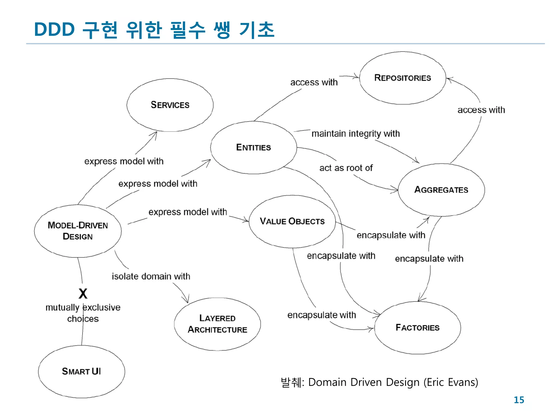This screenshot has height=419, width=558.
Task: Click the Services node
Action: (170, 105)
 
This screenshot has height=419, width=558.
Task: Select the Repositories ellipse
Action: (403, 78)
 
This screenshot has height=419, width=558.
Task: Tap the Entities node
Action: (253, 148)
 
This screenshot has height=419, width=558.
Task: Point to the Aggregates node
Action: (441, 190)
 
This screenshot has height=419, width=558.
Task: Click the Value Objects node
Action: (292, 221)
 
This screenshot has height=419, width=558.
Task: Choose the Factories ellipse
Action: (417, 328)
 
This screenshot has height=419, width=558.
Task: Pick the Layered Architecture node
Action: (217, 324)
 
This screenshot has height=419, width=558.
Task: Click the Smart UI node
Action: (81, 372)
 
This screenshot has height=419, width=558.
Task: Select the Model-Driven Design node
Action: (78, 231)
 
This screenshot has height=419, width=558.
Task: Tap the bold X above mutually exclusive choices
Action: (83, 294)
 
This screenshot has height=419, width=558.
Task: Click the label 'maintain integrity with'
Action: (356, 134)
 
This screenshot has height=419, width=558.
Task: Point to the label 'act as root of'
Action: (346, 168)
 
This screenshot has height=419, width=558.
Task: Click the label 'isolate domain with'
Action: (151, 276)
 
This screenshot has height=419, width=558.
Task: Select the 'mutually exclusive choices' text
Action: (83, 313)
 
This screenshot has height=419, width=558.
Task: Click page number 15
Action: (519, 400)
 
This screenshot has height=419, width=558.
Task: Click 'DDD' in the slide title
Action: (54, 29)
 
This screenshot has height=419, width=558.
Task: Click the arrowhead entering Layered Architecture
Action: (187, 300)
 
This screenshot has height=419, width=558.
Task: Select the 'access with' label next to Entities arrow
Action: (314, 82)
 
